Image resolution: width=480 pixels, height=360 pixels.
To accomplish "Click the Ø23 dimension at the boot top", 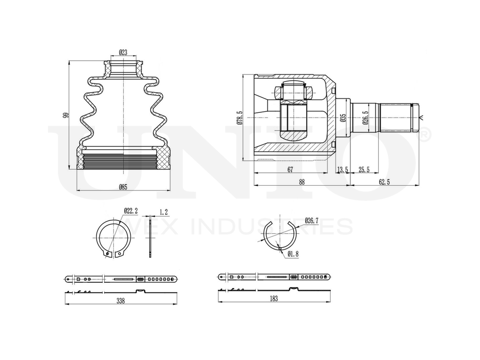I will click(x=123, y=52).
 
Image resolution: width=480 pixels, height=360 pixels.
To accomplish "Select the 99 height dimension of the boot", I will click(x=66, y=115).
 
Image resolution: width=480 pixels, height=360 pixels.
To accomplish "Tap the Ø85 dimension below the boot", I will click(x=123, y=187).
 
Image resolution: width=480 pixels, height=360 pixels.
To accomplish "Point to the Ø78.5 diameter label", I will click(x=239, y=118).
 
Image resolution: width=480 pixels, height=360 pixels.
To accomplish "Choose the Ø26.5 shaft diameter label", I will click(x=365, y=118).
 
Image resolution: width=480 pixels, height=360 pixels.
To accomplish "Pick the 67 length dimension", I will click(x=290, y=169).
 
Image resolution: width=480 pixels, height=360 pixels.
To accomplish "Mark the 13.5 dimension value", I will click(x=342, y=169).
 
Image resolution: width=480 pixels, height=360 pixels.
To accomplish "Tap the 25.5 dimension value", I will click(x=364, y=169).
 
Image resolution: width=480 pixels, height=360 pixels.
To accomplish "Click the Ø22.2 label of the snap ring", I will click(x=131, y=211).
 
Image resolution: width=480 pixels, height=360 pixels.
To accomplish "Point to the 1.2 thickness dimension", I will click(x=163, y=211).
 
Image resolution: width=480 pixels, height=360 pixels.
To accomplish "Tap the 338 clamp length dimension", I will click(x=120, y=300).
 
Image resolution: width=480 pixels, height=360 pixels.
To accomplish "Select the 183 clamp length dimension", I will click(x=274, y=298).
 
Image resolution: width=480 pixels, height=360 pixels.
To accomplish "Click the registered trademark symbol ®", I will click(x=425, y=136).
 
